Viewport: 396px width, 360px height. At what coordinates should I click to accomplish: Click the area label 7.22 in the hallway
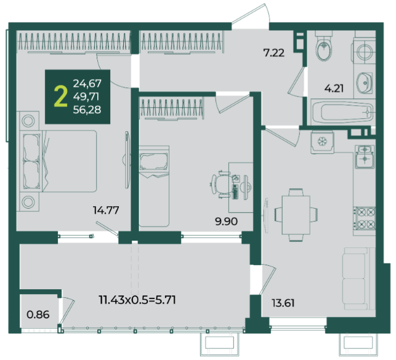tap(274, 53)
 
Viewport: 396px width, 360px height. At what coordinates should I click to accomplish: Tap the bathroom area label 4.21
tap(334, 88)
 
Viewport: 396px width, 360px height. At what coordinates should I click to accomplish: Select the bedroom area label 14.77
tap(106, 210)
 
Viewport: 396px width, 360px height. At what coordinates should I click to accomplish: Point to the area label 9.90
tap(226, 222)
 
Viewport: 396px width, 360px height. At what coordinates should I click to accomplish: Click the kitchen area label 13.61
tap(283, 303)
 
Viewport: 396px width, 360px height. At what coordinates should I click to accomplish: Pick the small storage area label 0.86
tap(38, 314)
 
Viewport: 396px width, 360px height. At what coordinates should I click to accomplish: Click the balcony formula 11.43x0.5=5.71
tap(137, 300)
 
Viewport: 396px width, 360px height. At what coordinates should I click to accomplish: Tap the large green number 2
tap(60, 96)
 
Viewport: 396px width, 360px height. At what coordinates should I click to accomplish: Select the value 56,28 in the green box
tap(87, 110)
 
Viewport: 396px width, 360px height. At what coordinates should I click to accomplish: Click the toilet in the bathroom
tap(324, 46)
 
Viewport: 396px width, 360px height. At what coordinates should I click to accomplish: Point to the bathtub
tap(342, 111)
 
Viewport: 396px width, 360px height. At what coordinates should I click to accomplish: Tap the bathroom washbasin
tap(364, 82)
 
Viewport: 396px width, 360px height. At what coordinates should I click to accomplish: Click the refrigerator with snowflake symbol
tap(322, 142)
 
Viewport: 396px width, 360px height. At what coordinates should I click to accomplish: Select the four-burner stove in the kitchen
tap(365, 218)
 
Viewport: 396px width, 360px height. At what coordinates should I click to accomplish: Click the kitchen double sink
tap(365, 156)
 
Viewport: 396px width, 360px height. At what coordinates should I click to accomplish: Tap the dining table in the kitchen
tap(296, 215)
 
